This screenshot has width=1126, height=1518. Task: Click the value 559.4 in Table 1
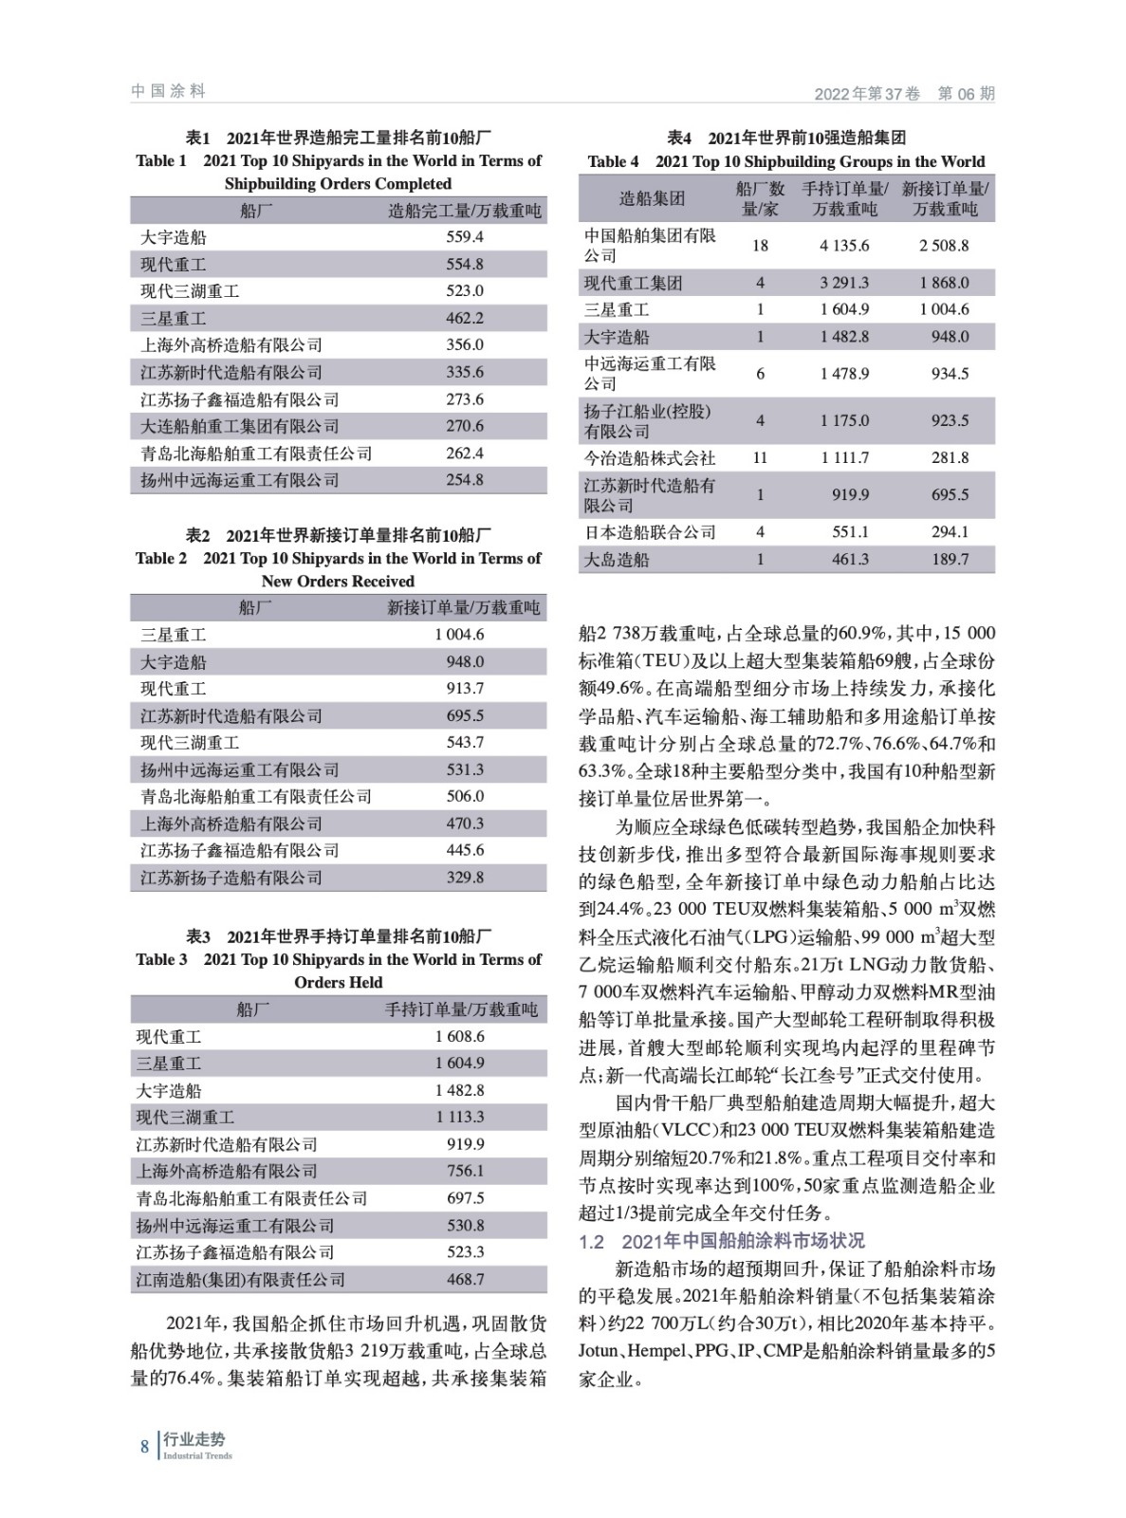pyautogui.click(x=465, y=237)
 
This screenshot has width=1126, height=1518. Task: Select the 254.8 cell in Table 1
pyautogui.click(x=465, y=480)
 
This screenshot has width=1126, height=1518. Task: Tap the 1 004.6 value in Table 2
pyautogui.click(x=459, y=635)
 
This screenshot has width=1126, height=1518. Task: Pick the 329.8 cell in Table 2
pyautogui.click(x=465, y=878)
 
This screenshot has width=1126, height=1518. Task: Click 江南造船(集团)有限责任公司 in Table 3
pyautogui.click(x=240, y=1280)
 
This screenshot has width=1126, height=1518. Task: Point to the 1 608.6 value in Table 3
pyautogui.click(x=460, y=1037)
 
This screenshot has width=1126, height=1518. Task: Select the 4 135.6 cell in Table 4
pyautogui.click(x=844, y=246)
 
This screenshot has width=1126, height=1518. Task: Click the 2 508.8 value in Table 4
pyautogui.click(x=944, y=246)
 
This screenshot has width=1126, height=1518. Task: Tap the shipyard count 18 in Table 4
pyautogui.click(x=760, y=246)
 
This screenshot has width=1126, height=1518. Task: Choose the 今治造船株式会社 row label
pyautogui.click(x=649, y=458)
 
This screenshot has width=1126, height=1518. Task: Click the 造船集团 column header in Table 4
pyautogui.click(x=652, y=198)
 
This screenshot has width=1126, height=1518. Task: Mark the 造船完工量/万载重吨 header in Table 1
pyautogui.click(x=465, y=211)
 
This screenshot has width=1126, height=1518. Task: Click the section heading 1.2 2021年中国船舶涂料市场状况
pyautogui.click(x=721, y=1241)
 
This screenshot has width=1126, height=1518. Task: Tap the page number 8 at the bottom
pyautogui.click(x=145, y=1447)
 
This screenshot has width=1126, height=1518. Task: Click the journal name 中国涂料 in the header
pyautogui.click(x=168, y=91)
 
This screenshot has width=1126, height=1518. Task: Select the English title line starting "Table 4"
pyautogui.click(x=786, y=161)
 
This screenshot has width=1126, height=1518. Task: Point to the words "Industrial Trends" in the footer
pyautogui.click(x=197, y=1456)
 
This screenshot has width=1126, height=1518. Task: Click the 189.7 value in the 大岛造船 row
pyautogui.click(x=950, y=560)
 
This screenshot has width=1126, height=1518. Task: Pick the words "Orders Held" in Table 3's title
pyautogui.click(x=339, y=983)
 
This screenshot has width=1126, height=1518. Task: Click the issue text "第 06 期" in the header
pyautogui.click(x=966, y=94)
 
